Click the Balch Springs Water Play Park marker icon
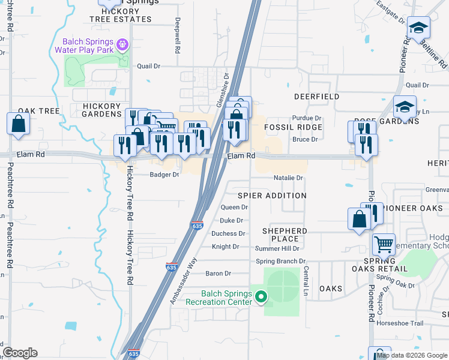(123, 44)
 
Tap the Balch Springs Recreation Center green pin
(261, 296)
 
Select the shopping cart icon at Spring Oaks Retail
(383, 244)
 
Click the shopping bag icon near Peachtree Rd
(19, 124)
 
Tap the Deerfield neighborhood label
(316, 96)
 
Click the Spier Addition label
(272, 196)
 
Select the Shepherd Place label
(285, 235)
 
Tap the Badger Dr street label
(164, 175)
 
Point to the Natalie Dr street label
(289, 178)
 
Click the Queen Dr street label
(234, 207)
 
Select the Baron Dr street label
(218, 274)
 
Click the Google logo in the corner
(20, 353)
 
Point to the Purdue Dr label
(307, 118)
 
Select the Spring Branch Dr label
(280, 261)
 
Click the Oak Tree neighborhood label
(39, 111)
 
